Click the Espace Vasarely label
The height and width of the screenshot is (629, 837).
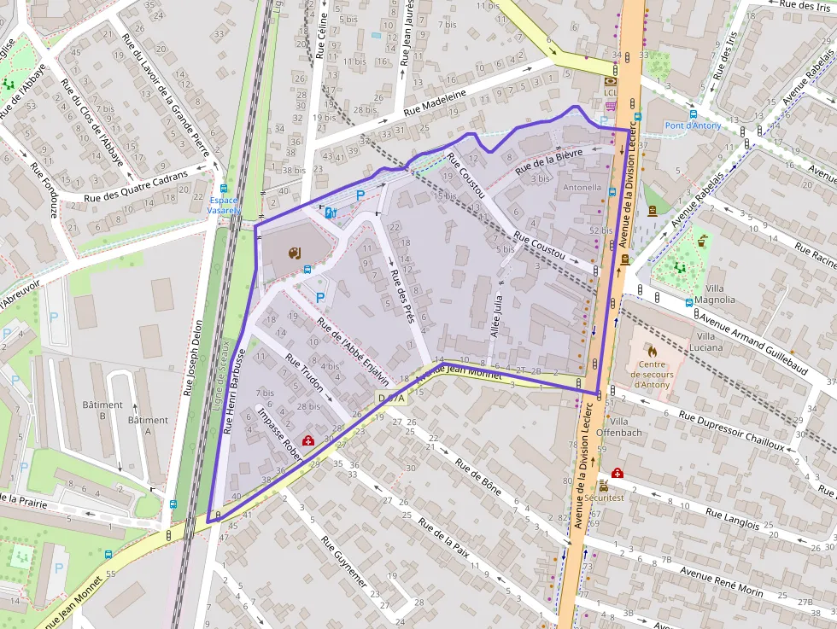click(224, 205)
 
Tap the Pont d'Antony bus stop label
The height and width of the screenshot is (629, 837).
click(693, 126)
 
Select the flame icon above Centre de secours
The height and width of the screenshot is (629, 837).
click(653, 351)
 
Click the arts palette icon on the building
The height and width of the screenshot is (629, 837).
click(294, 253)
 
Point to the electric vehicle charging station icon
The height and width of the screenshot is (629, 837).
click(331, 213)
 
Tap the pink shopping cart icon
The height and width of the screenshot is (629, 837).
click(611, 106)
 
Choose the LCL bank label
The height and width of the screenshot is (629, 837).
click(610, 92)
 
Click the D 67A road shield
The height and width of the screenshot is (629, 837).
click(393, 399)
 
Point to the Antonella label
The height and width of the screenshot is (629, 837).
click(582, 187)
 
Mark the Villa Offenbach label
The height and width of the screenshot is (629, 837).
click(623, 427)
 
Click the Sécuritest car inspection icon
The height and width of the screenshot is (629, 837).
click(603, 485)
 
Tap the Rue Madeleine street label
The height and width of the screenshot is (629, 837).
click(435, 102)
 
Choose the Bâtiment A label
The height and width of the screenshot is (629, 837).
click(148, 425)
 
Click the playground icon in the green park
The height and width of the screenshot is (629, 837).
click(681, 267)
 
